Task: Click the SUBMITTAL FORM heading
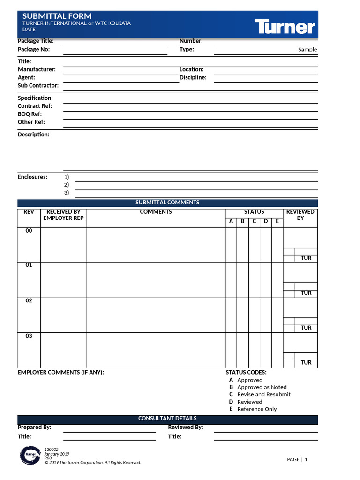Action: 57,16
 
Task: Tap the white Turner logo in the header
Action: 285,26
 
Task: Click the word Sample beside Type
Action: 307,50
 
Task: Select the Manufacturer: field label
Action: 37,69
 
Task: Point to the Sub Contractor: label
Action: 38,85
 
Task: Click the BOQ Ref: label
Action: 30,114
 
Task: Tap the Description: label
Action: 33,135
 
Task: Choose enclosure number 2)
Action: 67,185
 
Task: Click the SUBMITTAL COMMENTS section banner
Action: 167,202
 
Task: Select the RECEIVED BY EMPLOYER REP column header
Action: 63,215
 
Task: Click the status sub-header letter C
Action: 254,221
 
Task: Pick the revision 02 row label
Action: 29,301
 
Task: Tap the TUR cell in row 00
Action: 306,258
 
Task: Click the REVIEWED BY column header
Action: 300,215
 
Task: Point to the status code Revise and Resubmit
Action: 263,394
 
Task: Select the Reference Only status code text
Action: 257,409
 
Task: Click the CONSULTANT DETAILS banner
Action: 167,419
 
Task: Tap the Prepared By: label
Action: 35,427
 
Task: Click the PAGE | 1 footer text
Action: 297,459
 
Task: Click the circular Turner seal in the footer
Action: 31,456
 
